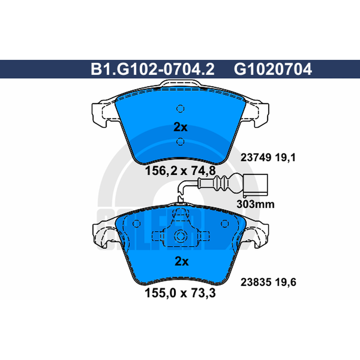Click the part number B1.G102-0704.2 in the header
[x=153, y=69]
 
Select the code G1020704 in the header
[x=273, y=69]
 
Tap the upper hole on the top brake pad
[x=180, y=108]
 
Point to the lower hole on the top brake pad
[x=180, y=142]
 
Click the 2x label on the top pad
[x=180, y=127]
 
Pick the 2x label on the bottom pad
[x=182, y=261]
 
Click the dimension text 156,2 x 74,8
[x=180, y=171]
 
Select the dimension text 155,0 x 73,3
[x=180, y=293]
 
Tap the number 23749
[x=256, y=158]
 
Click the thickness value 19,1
[x=285, y=158]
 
